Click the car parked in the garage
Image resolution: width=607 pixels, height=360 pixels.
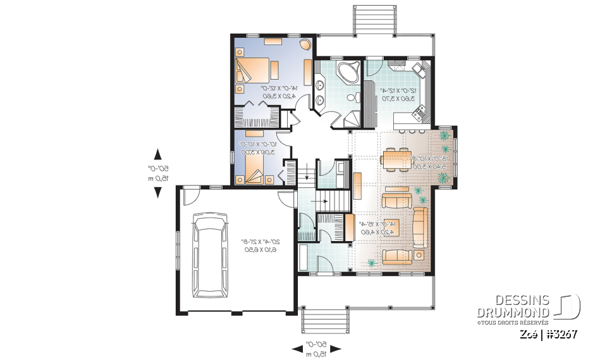click(212, 255)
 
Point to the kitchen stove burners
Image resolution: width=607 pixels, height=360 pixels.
click(418, 115)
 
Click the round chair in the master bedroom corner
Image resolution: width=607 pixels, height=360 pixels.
click(305, 46)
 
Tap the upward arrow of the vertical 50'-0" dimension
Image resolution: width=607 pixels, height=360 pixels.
click(158, 153)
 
